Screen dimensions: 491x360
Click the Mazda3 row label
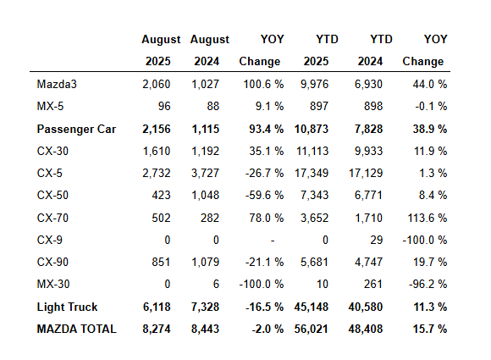coord(57,84)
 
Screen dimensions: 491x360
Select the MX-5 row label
coord(50,106)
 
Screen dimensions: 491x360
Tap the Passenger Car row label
coord(76,129)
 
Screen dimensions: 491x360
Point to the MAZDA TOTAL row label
coord(77,329)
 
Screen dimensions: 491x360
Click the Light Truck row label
coord(67,307)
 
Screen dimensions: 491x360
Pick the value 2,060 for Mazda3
coord(157,84)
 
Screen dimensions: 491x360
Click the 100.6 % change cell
coord(263,84)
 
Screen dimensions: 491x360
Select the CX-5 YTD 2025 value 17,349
coord(312,174)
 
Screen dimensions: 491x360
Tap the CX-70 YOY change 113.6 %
coord(428,218)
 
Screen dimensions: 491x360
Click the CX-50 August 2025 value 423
coord(161,195)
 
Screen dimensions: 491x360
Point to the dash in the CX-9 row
coord(273,241)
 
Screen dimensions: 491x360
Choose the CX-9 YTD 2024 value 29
coord(377,240)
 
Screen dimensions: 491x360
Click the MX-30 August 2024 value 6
coord(216,284)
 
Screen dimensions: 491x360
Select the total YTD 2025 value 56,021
coord(312,329)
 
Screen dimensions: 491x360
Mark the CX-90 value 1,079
coord(206,262)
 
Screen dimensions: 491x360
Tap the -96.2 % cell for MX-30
coord(428,284)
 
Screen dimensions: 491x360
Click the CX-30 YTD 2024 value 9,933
coord(368,152)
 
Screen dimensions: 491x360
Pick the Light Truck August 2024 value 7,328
coord(205,307)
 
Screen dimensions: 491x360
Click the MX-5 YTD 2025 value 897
coord(319,106)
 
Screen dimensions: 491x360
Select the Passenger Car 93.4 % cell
coord(266,129)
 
